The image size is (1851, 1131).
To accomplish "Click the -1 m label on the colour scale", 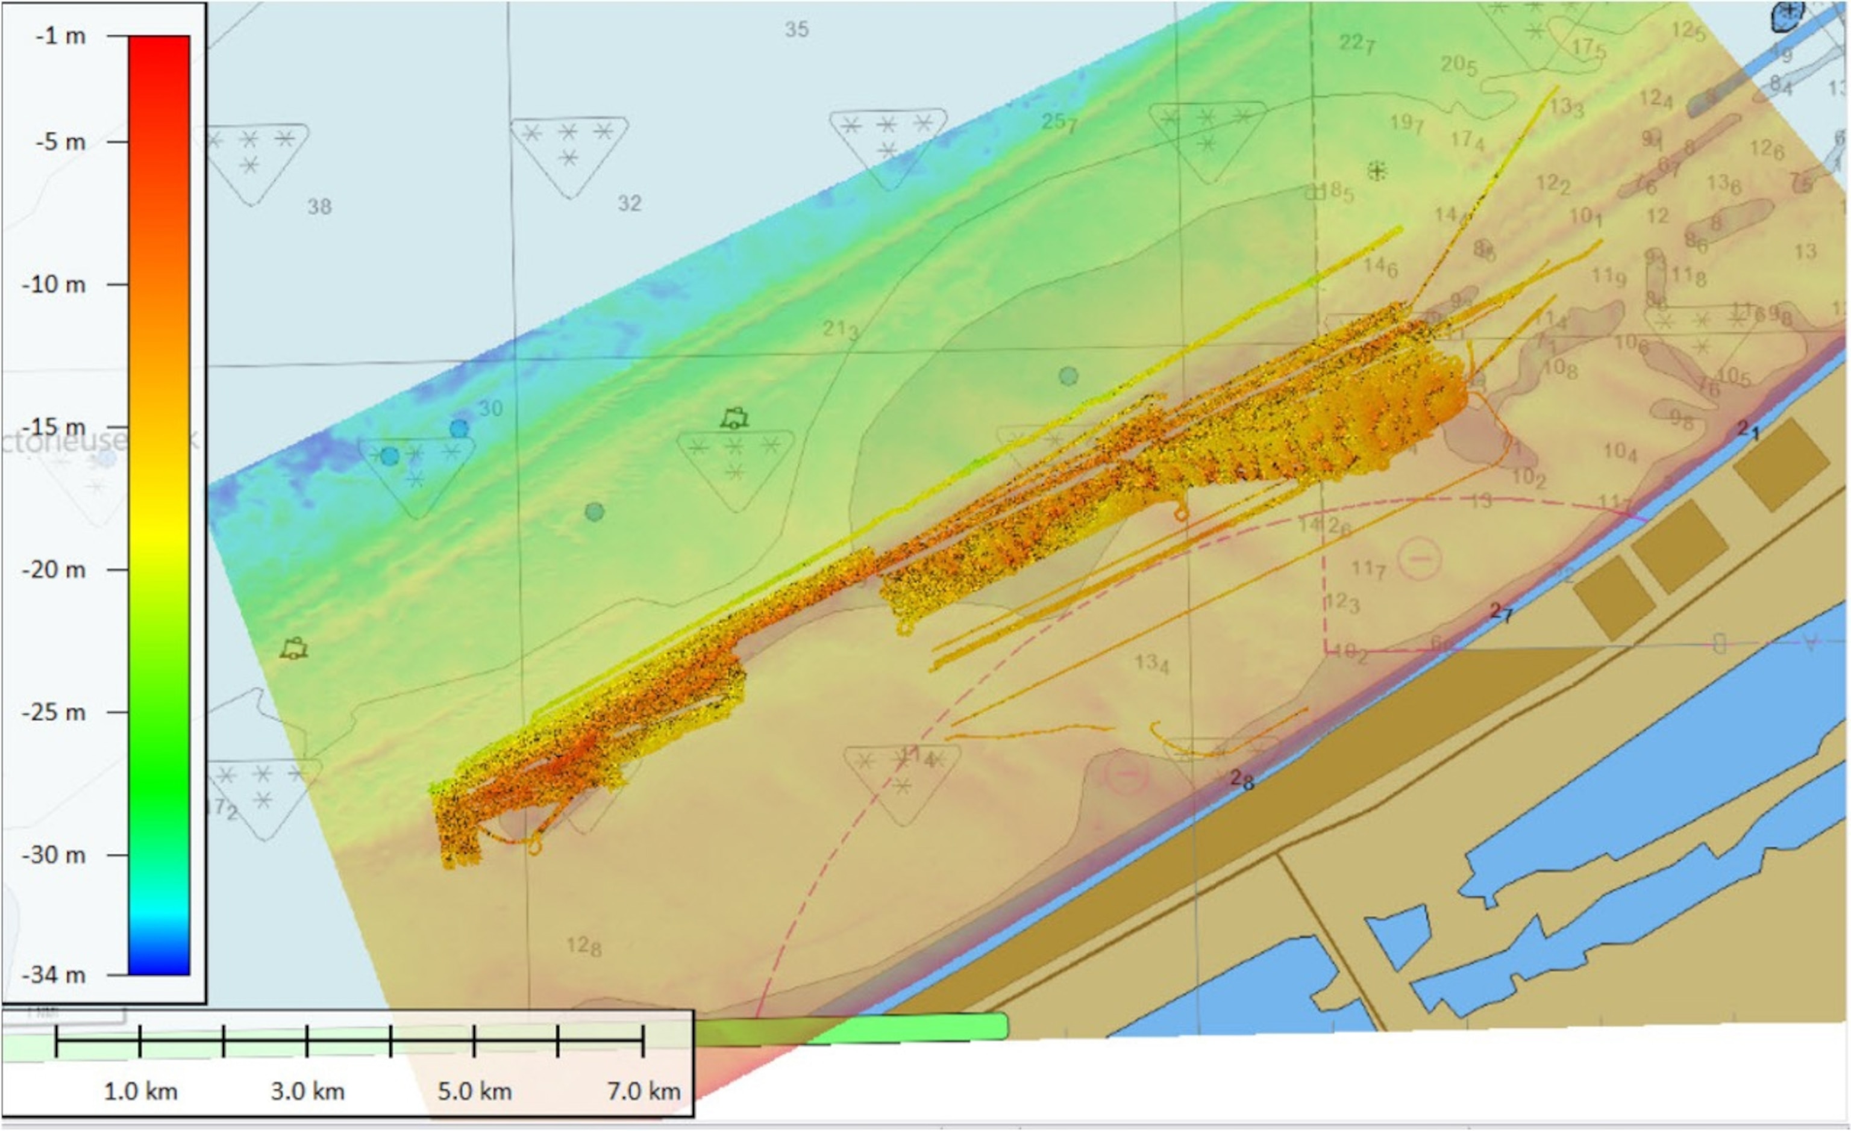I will coord(60,36).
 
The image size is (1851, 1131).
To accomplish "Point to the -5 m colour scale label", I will coord(60,142).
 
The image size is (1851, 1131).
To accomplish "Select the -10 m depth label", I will coord(54,285).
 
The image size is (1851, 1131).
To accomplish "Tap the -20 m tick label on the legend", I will coord(54,570).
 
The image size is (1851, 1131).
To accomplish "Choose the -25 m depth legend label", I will coord(54,712).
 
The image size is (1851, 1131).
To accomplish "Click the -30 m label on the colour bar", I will coord(54,855).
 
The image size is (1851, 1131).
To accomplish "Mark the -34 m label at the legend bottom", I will coord(54,975).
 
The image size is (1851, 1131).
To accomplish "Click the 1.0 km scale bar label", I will coord(140,1091).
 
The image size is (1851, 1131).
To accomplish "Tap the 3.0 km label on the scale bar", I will coord(308,1091).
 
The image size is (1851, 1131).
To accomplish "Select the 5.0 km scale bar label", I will coord(475,1091).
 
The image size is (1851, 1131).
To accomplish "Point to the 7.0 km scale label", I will coord(644,1091).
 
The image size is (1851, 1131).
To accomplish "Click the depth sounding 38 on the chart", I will coord(319,207).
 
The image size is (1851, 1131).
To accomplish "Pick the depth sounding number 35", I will coord(797,30).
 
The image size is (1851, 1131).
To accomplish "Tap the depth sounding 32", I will coord(630,204).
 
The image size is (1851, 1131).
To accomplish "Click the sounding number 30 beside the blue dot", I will coord(490,408).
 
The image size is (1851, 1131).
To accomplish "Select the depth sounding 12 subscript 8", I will coord(584,946).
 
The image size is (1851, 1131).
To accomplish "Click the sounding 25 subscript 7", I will coord(1059,122).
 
